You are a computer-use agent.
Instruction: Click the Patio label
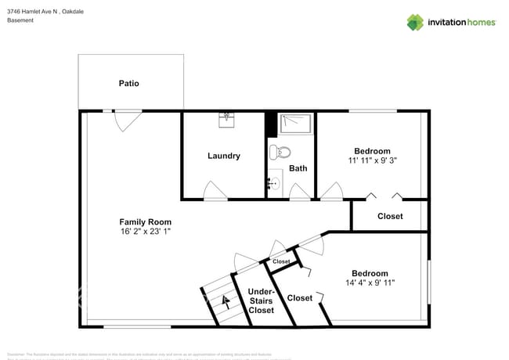click(128, 83)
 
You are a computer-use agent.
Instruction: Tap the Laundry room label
click(223, 156)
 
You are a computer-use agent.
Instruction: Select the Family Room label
click(145, 221)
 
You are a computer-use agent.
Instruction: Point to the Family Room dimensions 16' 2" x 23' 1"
click(145, 232)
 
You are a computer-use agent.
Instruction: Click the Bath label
click(298, 168)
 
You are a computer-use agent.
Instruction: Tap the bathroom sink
click(273, 184)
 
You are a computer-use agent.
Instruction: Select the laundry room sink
click(227, 118)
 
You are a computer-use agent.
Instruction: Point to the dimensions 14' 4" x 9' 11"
click(370, 283)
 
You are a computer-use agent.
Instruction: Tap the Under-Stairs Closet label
click(261, 301)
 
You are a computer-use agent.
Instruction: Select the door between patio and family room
click(127, 120)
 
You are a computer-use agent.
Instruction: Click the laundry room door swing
click(215, 191)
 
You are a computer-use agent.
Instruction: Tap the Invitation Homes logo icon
click(415, 22)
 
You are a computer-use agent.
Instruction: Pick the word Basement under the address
click(20, 20)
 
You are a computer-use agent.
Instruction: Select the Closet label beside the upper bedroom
click(390, 216)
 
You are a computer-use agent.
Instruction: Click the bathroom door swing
click(298, 192)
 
